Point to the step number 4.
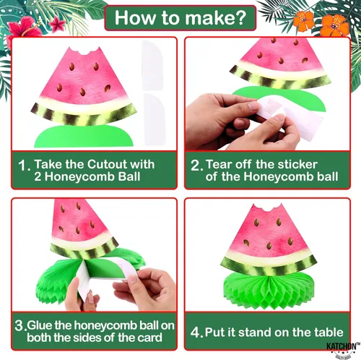pyautogui.click(x=196, y=333)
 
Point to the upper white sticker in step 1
pyautogui.click(x=152, y=64)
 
